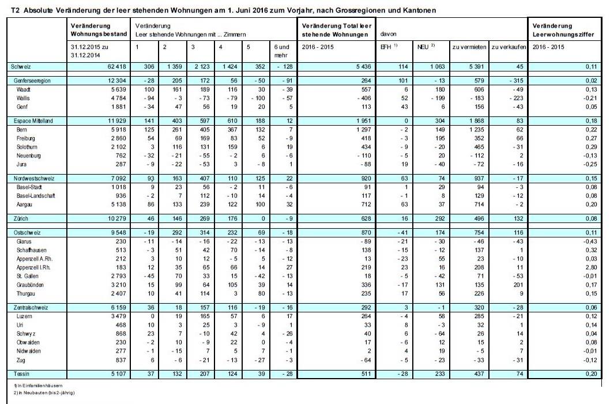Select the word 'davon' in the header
click(384, 34)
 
